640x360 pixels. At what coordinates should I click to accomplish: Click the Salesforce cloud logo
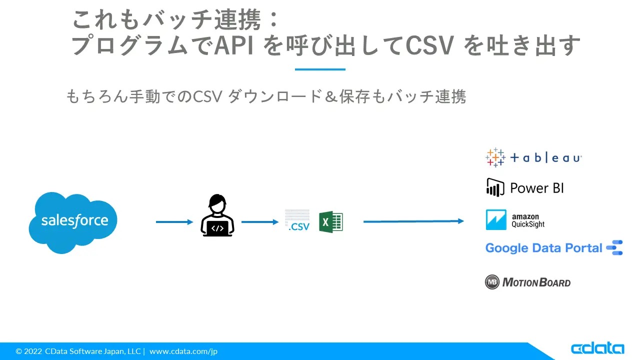tap(73, 222)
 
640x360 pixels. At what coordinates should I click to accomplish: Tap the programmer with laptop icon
tap(217, 215)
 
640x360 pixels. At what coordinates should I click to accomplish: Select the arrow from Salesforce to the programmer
tap(174, 222)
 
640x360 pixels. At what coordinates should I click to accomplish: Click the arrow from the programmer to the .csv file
tap(260, 222)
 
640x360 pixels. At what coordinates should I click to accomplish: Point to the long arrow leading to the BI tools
tap(413, 221)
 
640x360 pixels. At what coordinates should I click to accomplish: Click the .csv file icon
tap(297, 220)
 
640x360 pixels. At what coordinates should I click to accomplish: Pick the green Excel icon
tap(331, 221)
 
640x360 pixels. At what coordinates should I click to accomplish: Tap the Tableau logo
tap(533, 157)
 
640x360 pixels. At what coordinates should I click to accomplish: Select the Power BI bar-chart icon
tap(495, 187)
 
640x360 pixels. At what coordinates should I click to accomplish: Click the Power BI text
tap(537, 188)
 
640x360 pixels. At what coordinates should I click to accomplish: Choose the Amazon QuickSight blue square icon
tap(496, 219)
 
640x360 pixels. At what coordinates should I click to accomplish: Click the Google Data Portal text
tap(543, 248)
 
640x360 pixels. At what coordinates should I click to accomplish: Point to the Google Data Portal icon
tap(614, 247)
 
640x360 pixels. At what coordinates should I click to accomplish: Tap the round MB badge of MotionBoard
tap(492, 282)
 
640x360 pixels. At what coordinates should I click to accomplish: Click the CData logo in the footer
tap(597, 348)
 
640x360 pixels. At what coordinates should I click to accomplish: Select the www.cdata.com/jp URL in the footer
tap(183, 351)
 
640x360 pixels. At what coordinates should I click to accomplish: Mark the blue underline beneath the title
tap(320, 69)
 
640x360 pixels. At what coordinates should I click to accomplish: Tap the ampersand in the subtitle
tap(331, 96)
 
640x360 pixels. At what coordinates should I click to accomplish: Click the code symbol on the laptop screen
tap(217, 228)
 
